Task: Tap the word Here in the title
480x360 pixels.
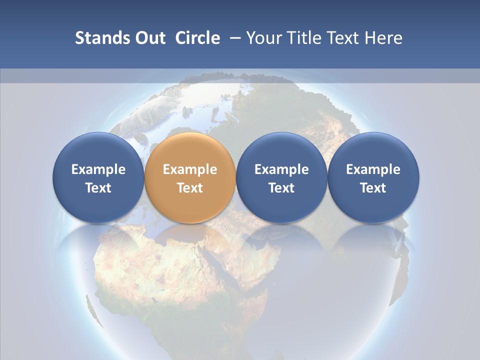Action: coord(384,38)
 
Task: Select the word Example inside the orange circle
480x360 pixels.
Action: coord(189,169)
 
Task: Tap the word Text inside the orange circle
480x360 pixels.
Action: coord(189,188)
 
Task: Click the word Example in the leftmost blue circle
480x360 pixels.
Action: coord(98,169)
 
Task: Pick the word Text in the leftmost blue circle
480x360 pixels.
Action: coord(98,188)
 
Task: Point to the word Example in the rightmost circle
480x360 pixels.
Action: coord(373,169)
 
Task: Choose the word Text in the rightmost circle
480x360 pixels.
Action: coord(373,188)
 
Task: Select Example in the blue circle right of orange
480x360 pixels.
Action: coord(281,169)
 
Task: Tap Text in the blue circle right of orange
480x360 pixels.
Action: coord(281,188)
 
